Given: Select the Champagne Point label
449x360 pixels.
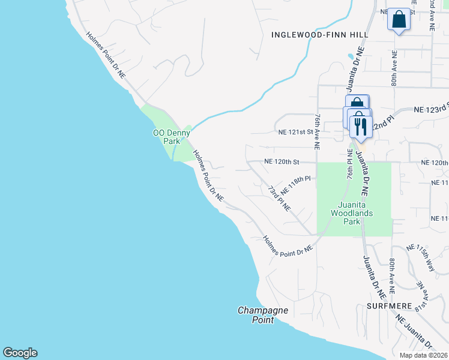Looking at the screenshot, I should coord(263,315).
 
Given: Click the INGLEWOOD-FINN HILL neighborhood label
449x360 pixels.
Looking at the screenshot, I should coord(318,35).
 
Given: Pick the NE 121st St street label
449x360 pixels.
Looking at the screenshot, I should coord(295,131).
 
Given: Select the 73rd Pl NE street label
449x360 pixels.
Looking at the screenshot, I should coord(279,199).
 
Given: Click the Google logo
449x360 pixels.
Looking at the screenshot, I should coord(20,353).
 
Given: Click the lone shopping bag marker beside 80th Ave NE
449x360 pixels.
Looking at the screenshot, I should coord(398,19).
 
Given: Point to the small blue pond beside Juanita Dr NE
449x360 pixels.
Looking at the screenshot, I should coord(350,57).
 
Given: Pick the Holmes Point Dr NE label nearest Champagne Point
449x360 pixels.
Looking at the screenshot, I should coord(288,245).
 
